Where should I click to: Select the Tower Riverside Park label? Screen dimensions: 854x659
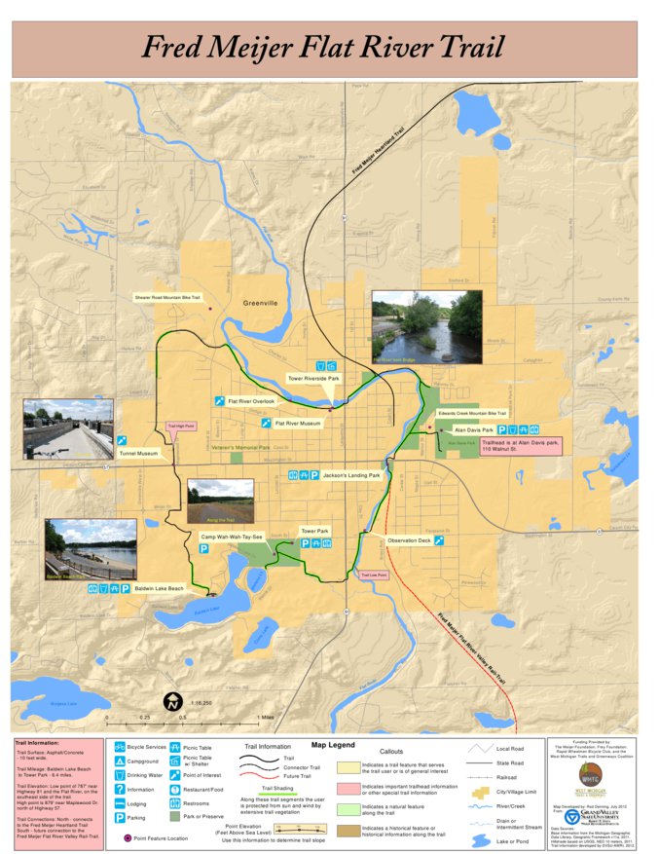click(x=312, y=378)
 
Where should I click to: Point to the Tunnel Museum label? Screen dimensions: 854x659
click(x=138, y=453)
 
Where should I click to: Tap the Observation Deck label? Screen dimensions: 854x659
click(x=408, y=539)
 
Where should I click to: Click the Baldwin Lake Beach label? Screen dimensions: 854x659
click(x=160, y=589)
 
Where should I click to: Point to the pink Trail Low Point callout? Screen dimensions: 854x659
click(x=374, y=576)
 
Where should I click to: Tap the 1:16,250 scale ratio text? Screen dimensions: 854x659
click(x=201, y=702)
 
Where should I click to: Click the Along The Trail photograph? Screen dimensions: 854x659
click(x=220, y=501)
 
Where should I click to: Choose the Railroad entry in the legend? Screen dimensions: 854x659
click(x=507, y=777)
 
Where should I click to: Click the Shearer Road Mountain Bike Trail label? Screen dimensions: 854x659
click(x=167, y=297)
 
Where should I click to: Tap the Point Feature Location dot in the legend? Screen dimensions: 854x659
click(x=128, y=836)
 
